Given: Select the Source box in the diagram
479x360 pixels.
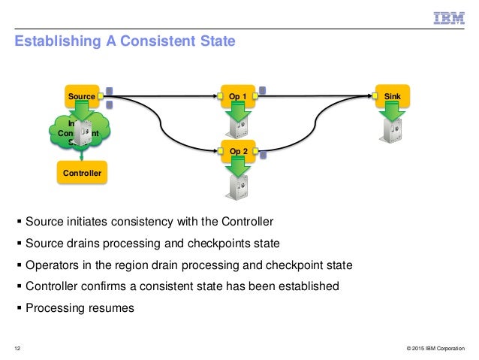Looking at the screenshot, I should [x=81, y=96].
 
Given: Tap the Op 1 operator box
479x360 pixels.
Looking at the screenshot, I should [x=237, y=96].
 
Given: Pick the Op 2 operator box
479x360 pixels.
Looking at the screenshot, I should [x=237, y=150].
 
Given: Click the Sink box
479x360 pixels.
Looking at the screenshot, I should [x=392, y=96].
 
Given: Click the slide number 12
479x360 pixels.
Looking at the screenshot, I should [x=17, y=347].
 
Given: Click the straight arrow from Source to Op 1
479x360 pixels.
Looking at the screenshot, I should [x=165, y=96].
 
